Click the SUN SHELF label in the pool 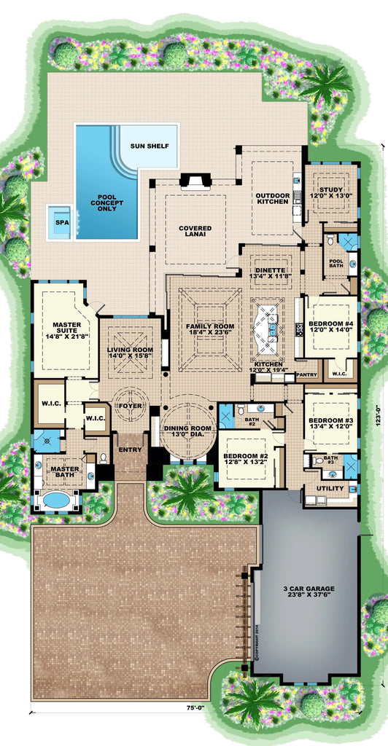coord(150,146)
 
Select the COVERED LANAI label coord(195,232)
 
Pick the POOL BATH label coord(335,263)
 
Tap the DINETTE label coord(270,272)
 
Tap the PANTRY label coord(306,374)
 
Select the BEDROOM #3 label coord(330,424)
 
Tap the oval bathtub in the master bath coord(55,501)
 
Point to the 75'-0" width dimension coord(195,706)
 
